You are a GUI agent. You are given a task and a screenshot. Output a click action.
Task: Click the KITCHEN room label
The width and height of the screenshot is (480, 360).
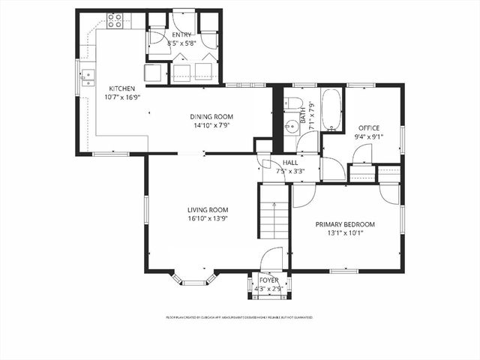(122, 88)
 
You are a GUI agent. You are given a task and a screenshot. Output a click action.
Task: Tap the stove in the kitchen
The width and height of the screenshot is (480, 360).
(115, 21)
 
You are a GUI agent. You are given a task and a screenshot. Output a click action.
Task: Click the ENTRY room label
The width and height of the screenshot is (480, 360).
(181, 34)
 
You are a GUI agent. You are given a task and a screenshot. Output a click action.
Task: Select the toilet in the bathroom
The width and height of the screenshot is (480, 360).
(293, 105)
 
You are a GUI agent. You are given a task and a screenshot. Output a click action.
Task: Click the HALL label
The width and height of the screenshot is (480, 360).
(289, 162)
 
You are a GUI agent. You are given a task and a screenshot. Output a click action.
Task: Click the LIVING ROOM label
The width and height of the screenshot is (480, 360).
(208, 210)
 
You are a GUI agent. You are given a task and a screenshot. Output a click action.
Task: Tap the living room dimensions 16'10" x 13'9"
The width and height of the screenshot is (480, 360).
(208, 219)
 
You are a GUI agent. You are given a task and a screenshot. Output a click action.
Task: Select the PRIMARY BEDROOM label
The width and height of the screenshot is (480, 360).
(345, 224)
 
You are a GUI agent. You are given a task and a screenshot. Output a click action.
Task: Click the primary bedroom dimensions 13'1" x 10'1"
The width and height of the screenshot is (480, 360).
(345, 233)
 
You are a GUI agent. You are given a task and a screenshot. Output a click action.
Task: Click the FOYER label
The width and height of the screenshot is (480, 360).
(269, 280)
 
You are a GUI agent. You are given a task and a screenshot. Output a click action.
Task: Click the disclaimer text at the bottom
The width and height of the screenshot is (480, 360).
(239, 317)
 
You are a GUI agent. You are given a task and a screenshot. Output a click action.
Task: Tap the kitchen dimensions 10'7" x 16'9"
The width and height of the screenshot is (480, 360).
(122, 97)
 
